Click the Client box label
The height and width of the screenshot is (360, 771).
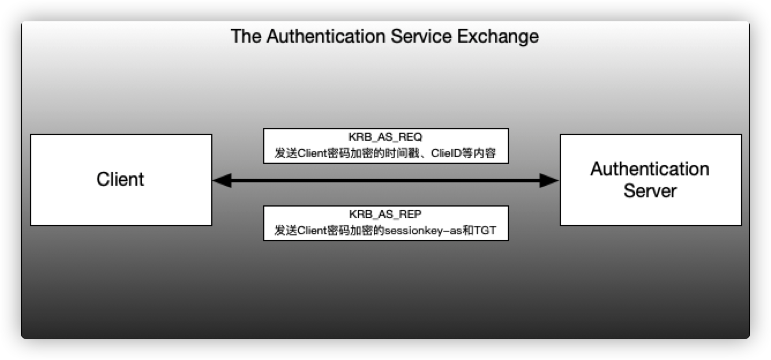click(x=120, y=179)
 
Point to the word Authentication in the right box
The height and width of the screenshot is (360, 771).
click(x=650, y=169)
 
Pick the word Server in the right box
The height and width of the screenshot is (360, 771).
click(x=650, y=190)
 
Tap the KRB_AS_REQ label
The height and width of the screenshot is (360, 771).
click(x=385, y=138)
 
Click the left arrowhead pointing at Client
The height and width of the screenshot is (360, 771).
click(x=220, y=181)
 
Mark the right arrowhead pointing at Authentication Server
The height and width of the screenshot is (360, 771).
click(x=551, y=181)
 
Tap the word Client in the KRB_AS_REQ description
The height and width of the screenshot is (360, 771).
click(x=310, y=154)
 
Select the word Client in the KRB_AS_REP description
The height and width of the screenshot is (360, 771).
click(x=310, y=231)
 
